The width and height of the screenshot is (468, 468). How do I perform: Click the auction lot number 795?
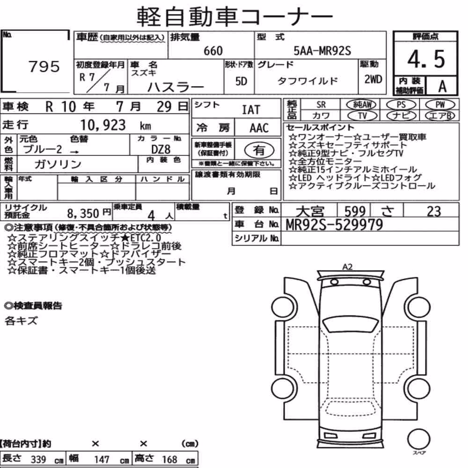(x=44, y=66)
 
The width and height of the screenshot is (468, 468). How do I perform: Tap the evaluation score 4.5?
(x=426, y=59)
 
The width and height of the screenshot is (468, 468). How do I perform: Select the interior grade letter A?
(x=442, y=87)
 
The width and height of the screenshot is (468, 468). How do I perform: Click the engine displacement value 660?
(x=213, y=51)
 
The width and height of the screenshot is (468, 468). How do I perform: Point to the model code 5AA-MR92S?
(x=322, y=51)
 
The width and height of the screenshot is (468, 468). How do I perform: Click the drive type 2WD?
(x=373, y=79)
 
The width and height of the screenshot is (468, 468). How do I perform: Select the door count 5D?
(x=241, y=81)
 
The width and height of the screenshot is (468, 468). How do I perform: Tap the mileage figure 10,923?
(x=103, y=125)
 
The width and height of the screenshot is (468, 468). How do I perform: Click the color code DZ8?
(x=161, y=149)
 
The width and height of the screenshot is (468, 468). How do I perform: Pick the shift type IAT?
(x=251, y=110)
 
